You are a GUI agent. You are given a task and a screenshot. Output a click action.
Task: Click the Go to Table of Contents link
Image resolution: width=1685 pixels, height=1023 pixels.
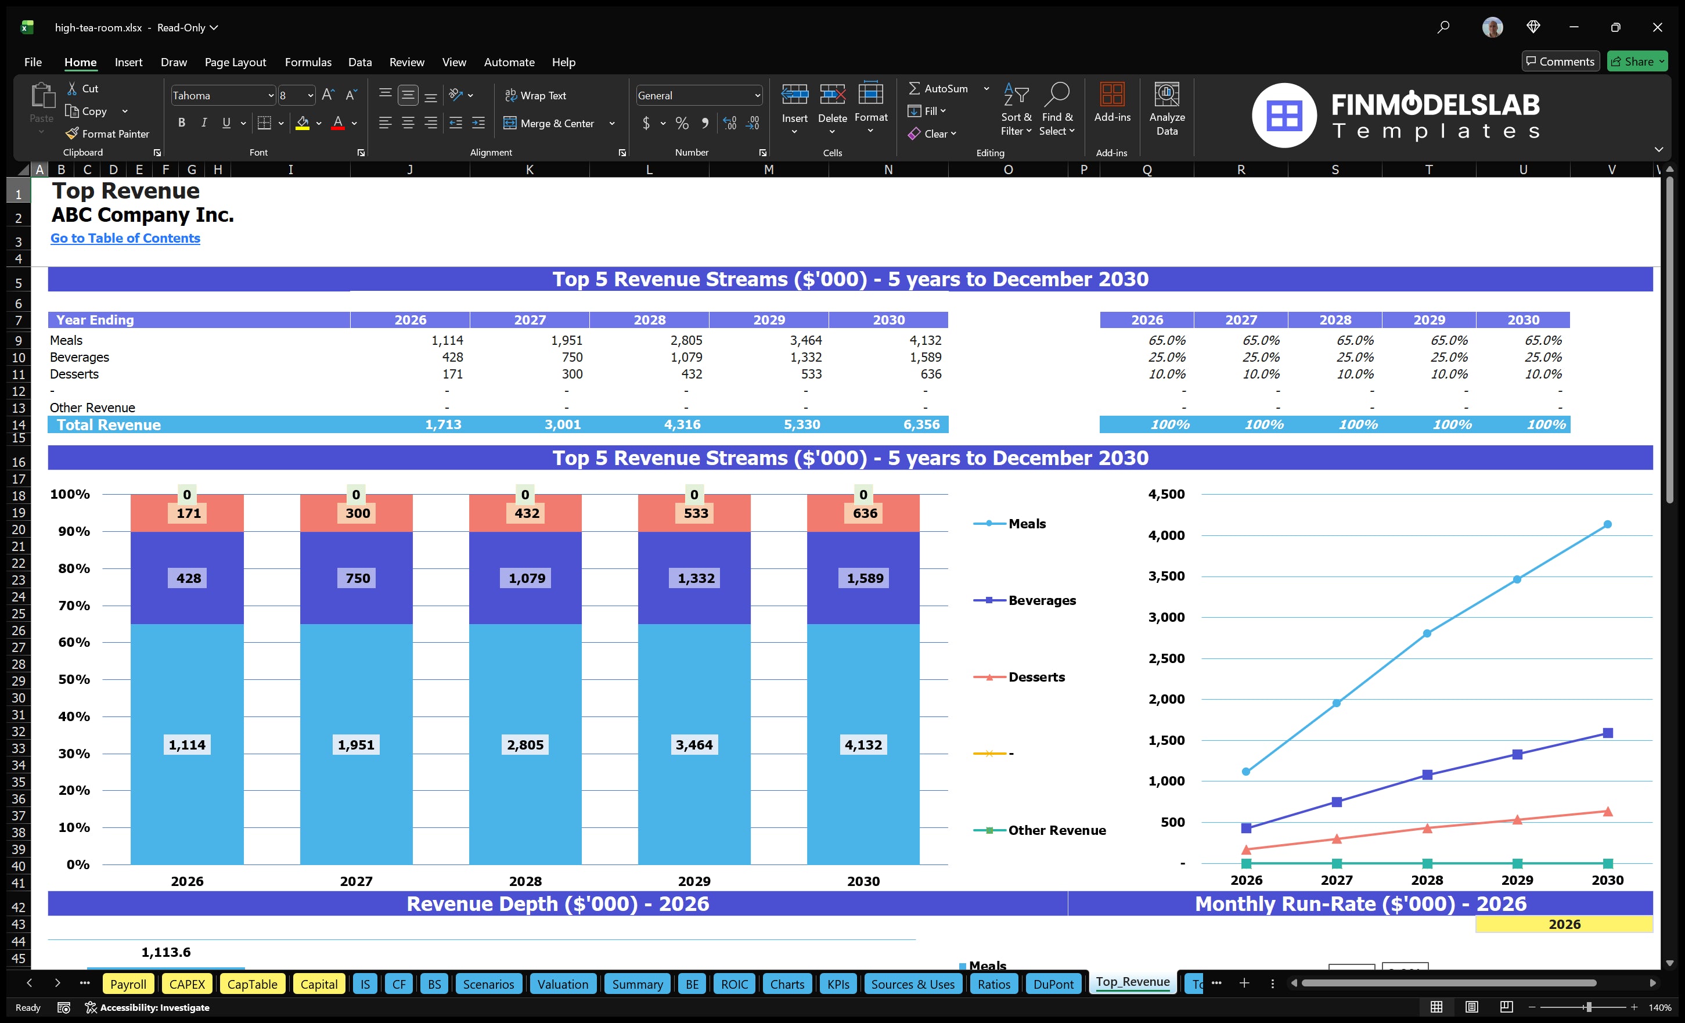pyautogui.click(x=125, y=238)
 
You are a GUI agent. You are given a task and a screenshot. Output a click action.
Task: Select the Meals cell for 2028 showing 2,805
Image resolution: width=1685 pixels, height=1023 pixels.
pyautogui.click(x=686, y=340)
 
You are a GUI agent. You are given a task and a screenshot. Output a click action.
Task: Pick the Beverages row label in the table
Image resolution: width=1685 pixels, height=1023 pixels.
pyautogui.click(x=80, y=357)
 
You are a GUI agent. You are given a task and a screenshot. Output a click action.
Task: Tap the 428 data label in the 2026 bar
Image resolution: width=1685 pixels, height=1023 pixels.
pyautogui.click(x=189, y=578)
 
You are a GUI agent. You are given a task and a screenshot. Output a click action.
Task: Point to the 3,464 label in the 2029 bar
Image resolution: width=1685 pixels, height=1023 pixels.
pyautogui.click(x=693, y=745)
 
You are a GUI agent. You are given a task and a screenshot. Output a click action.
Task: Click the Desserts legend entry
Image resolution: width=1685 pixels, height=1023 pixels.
pyautogui.click(x=1035, y=677)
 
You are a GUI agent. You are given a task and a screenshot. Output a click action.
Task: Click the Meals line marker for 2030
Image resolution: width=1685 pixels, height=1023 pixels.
pyautogui.click(x=1607, y=524)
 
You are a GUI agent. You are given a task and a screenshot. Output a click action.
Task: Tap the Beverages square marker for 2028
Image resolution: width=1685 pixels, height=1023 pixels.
pyautogui.click(x=1427, y=775)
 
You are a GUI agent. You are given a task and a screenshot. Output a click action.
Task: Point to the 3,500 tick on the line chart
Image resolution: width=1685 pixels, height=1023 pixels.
pyautogui.click(x=1166, y=577)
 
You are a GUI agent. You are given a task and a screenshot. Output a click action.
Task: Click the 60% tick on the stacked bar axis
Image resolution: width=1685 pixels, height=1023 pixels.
pyautogui.click(x=74, y=642)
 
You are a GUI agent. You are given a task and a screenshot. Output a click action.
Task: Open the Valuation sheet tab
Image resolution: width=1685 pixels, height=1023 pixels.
pyautogui.click(x=562, y=984)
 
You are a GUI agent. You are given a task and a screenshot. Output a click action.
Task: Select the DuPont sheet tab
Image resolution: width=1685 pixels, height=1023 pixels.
pyautogui.click(x=1053, y=984)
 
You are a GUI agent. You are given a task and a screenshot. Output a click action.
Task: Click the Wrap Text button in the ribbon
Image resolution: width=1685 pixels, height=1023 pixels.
pyautogui.click(x=535, y=96)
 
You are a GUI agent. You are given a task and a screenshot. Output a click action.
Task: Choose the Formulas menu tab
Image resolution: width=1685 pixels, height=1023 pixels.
pyautogui.click(x=308, y=62)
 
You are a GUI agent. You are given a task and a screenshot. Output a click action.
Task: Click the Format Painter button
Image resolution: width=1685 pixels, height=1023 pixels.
pyautogui.click(x=107, y=134)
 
